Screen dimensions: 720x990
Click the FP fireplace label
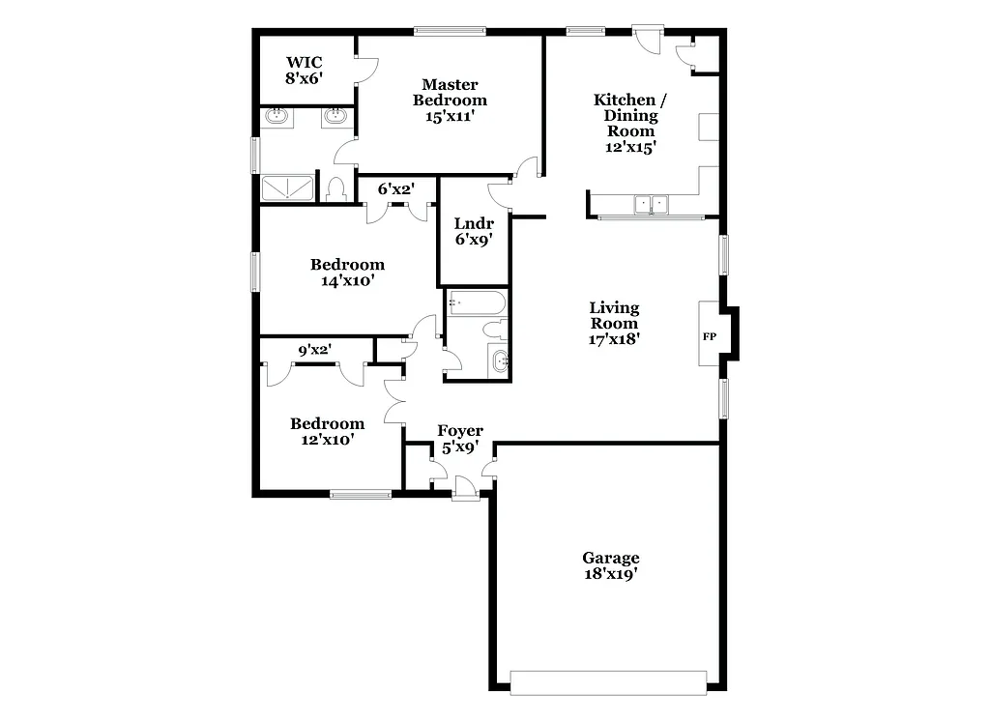(709, 337)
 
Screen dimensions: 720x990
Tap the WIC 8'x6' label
(303, 71)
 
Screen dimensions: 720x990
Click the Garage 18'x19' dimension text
(610, 573)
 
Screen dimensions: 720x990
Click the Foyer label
(460, 431)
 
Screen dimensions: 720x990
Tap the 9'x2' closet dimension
(315, 351)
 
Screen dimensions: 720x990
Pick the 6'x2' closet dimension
(395, 189)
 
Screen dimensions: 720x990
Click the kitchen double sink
(652, 204)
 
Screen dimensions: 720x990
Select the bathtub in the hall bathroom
(476, 304)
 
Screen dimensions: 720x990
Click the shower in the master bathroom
(287, 188)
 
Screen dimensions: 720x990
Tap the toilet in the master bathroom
(336, 188)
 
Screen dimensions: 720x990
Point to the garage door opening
(609, 681)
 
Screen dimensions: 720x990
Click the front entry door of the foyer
(465, 488)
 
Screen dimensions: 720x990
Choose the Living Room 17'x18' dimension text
(614, 339)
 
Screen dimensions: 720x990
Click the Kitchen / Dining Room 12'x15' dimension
(629, 147)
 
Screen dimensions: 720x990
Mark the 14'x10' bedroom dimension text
(346, 281)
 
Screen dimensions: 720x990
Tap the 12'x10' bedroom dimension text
(327, 439)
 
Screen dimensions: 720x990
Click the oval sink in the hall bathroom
(500, 361)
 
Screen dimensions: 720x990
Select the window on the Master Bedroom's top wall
(450, 31)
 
